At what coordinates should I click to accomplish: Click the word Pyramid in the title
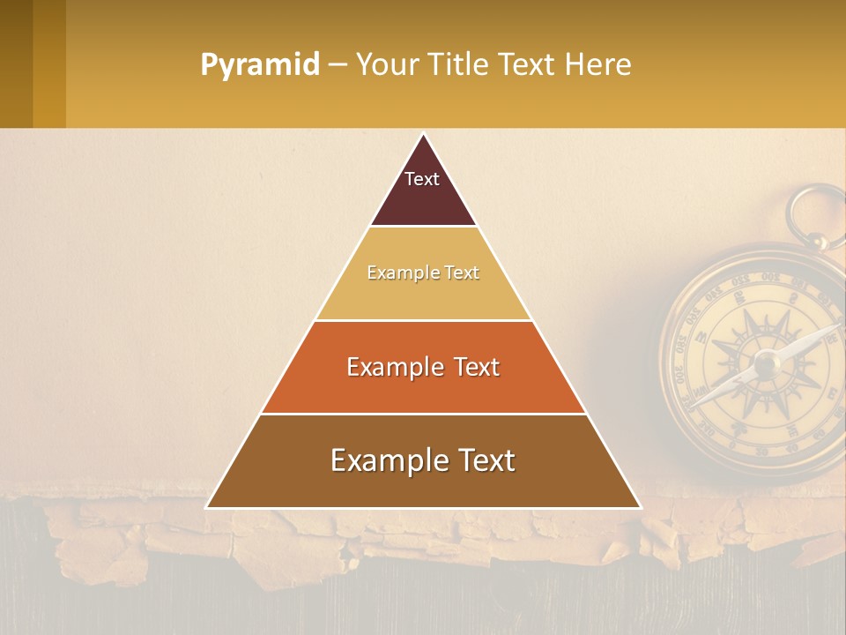[259, 65]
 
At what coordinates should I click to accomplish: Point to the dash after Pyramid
[337, 65]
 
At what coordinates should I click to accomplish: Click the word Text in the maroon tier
[422, 179]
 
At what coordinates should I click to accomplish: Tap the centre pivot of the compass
[764, 362]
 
